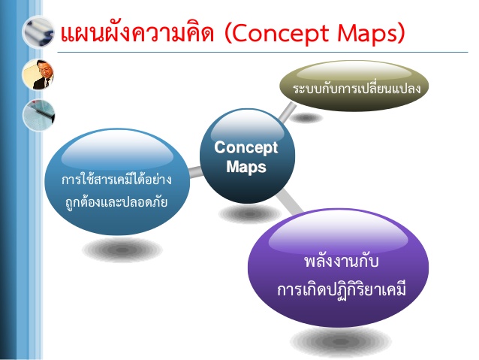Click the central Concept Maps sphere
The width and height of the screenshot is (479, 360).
click(247, 156)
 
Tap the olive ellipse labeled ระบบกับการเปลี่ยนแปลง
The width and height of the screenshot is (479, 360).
click(354, 86)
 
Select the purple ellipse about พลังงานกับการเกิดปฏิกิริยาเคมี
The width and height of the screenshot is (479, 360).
click(338, 268)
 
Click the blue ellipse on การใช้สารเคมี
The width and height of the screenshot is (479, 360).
click(117, 182)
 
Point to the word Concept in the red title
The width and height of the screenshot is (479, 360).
click(279, 33)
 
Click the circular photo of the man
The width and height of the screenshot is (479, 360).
click(38, 74)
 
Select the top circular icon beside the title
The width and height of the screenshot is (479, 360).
click(38, 32)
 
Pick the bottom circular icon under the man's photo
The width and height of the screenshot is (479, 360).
click(38, 115)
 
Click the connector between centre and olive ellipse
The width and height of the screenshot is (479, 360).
click(287, 112)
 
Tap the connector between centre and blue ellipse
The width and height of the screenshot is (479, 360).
click(195, 172)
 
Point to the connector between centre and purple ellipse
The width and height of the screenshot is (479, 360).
click(289, 201)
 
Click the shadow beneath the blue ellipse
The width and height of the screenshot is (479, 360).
click(122, 250)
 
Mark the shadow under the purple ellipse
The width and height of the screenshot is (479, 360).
click(340, 341)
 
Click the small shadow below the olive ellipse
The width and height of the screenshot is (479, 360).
click(306, 118)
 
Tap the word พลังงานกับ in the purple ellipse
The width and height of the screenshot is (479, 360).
click(341, 262)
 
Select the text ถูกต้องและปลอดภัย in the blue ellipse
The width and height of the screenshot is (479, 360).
click(116, 202)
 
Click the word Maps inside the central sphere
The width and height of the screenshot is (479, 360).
click(246, 167)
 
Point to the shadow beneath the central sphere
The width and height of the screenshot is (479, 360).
click(249, 213)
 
